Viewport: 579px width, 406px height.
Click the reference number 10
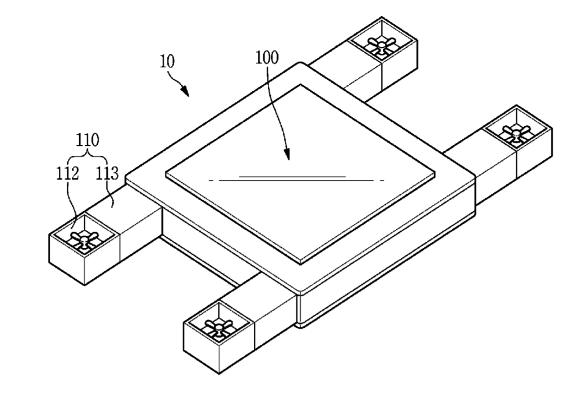(168, 62)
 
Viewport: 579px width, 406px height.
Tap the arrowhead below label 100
(288, 156)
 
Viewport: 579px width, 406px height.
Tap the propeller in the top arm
(378, 44)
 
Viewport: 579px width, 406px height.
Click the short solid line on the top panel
(292, 177)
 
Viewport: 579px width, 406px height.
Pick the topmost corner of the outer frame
(306, 63)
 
